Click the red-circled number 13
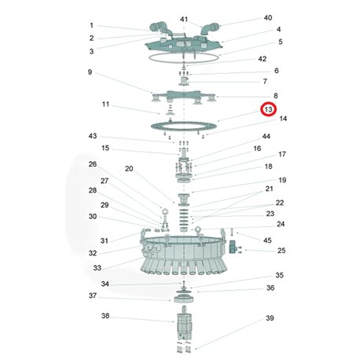pos(268,109)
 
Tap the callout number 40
pos(268,18)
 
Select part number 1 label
pos(91,25)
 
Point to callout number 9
pos(90,72)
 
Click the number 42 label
pos(263,59)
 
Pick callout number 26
pos(93,164)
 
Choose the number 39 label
pos(270,318)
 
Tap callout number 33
pos(97,268)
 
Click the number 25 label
pos(281,251)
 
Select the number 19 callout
pos(282,180)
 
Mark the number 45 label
pos(267,241)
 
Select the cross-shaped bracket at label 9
pos(184,97)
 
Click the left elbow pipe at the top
pos(160,28)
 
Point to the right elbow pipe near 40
pos(210,28)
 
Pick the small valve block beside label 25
pos(233,247)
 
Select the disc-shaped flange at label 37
pos(184,298)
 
